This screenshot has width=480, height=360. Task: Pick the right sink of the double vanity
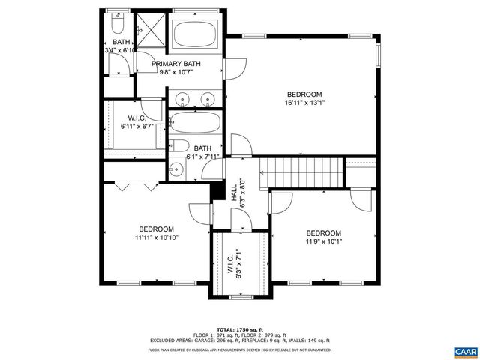pyautogui.click(x=208, y=97)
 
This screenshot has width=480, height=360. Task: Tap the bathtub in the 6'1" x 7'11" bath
pyautogui.click(x=194, y=123)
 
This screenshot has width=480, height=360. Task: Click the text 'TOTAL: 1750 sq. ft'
pyautogui.click(x=239, y=329)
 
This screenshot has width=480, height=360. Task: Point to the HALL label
pyautogui.click(x=234, y=196)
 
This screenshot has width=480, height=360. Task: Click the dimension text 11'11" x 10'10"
pyautogui.click(x=156, y=238)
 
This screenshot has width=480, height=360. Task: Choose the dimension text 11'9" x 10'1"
pyautogui.click(x=323, y=241)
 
